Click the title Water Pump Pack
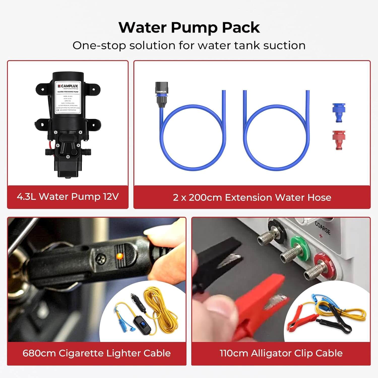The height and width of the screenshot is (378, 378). pyautogui.click(x=189, y=27)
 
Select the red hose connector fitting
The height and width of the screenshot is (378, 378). pyautogui.click(x=339, y=140)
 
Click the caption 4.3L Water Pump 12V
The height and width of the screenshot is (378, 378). pyautogui.click(x=68, y=197)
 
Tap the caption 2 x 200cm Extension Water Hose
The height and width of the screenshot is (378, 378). pyautogui.click(x=252, y=197)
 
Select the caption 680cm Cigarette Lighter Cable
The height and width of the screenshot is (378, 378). pyautogui.click(x=97, y=353)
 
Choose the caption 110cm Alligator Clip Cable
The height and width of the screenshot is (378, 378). pyautogui.click(x=281, y=353)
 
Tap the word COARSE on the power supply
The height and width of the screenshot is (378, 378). pyautogui.click(x=323, y=228)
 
